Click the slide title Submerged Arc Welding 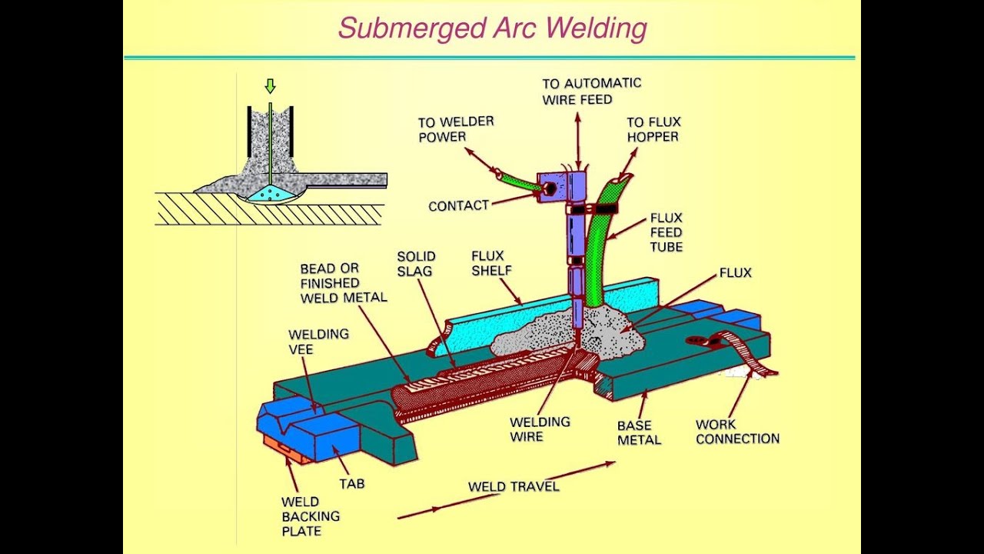tap(492, 28)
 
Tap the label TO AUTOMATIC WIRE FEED tap(591, 91)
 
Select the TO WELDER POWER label tap(456, 129)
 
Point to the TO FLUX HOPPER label tap(653, 129)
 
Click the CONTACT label tap(458, 206)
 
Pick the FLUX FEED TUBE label tap(666, 232)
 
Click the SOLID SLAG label tap(416, 263)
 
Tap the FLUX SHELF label tap(491, 263)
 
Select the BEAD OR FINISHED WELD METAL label tap(344, 282)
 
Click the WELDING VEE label tap(318, 342)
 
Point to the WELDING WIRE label tap(540, 429)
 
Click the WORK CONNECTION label tap(737, 431)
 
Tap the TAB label tap(351, 483)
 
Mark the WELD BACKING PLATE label tap(311, 516)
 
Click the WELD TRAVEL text tap(514, 486)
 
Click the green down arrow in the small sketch tap(270, 85)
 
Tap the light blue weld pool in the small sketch tap(271, 194)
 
